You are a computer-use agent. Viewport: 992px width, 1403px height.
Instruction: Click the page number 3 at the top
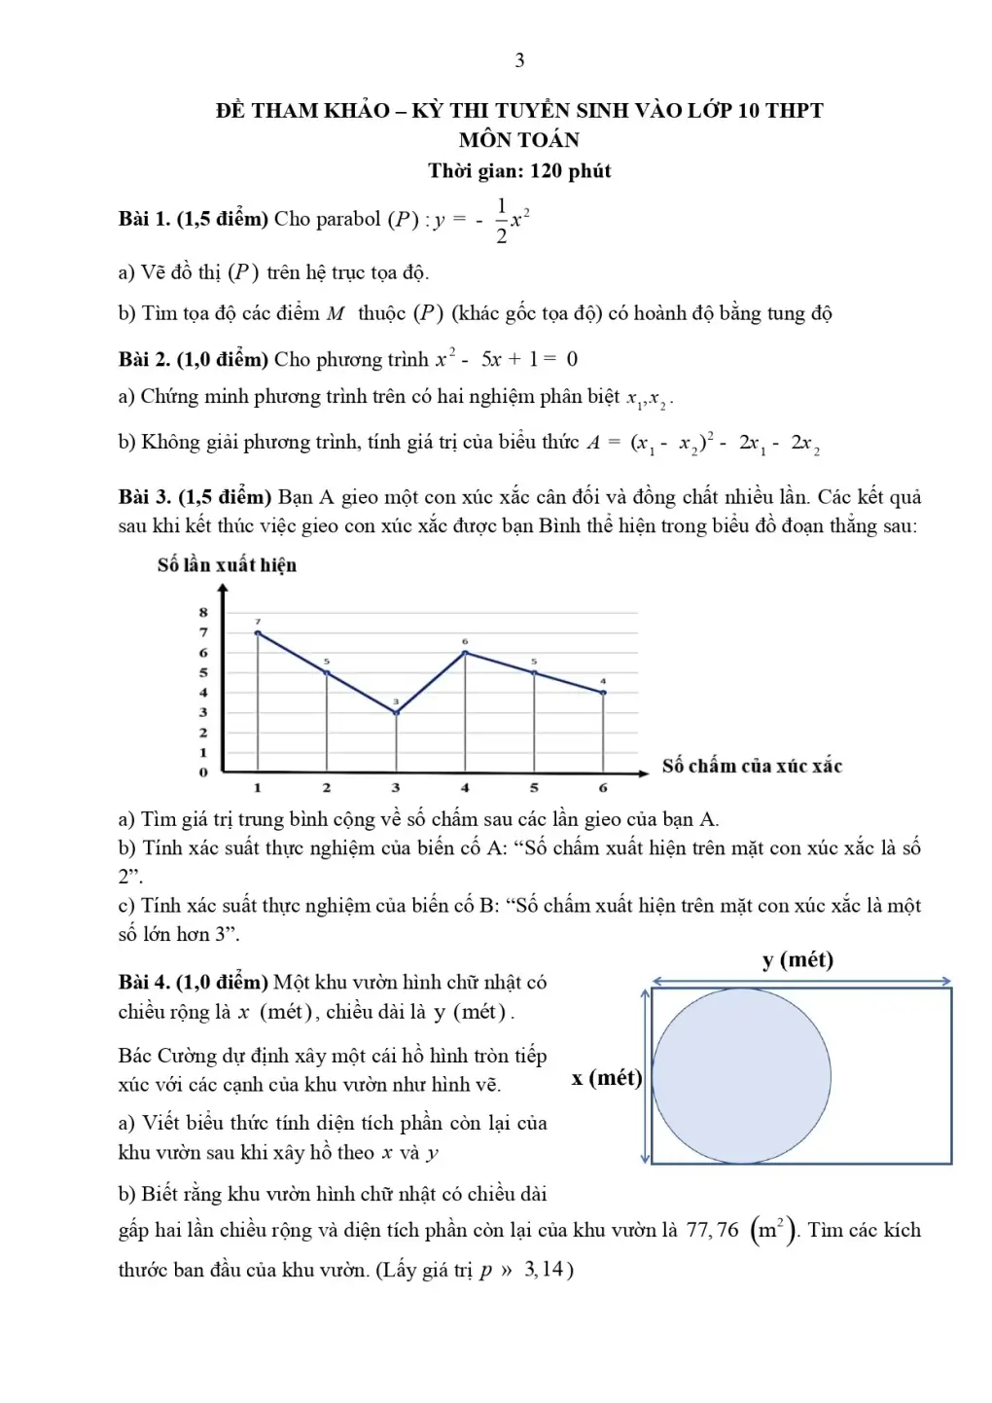[x=519, y=60]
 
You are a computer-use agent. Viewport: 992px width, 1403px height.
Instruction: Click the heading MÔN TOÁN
[x=518, y=140]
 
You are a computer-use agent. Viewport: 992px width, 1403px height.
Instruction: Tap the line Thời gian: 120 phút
[x=519, y=171]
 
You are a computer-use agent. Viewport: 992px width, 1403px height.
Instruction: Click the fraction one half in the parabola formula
[x=501, y=220]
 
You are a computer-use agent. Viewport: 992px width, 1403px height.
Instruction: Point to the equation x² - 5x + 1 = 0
[x=506, y=359]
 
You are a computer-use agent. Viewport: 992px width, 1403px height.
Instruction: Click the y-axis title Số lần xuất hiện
[x=227, y=565]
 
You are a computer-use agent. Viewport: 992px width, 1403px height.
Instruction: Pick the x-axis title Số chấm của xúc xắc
[x=752, y=766]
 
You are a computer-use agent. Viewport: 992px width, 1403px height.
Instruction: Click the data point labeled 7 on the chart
[x=258, y=632]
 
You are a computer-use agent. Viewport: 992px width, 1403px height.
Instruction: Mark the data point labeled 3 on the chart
[x=396, y=713]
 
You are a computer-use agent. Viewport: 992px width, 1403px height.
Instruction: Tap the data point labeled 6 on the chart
[x=465, y=652]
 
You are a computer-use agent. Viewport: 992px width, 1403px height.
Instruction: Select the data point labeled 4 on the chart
[x=603, y=693]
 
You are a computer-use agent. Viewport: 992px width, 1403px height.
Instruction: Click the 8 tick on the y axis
[x=203, y=612]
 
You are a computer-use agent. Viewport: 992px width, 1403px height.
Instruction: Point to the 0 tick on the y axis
[x=203, y=773]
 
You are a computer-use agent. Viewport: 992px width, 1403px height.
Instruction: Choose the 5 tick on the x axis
[x=534, y=788]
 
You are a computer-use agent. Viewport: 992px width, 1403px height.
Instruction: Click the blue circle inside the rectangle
[x=741, y=1076]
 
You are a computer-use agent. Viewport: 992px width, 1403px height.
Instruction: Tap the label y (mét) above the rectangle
[x=797, y=960]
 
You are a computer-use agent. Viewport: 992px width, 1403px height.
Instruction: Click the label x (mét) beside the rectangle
[x=607, y=1078]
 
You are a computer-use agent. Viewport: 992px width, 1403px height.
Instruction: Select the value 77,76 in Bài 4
[x=713, y=1231]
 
